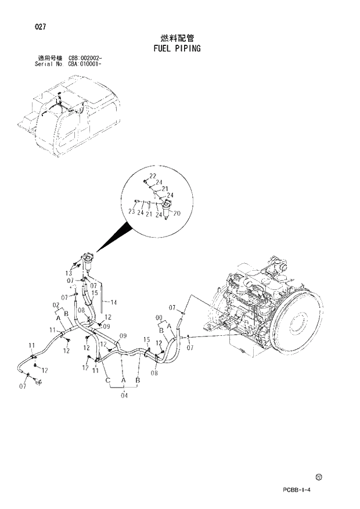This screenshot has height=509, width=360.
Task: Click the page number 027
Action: point(40,27)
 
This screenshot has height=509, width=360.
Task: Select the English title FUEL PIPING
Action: point(177,48)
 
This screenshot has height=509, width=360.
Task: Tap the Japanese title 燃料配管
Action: point(177,37)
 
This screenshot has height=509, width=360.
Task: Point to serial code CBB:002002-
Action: point(85,58)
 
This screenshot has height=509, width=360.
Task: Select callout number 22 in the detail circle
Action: point(153,176)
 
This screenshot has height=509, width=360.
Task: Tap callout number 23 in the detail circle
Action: point(132,213)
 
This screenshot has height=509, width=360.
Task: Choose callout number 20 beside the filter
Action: point(177,213)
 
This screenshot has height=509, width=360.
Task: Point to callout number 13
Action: point(69,273)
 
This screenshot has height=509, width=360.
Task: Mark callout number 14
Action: point(113,302)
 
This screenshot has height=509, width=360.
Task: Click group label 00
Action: point(159,317)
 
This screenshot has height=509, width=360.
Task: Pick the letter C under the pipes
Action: point(108,380)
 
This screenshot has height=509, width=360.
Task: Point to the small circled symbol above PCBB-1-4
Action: point(319,478)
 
